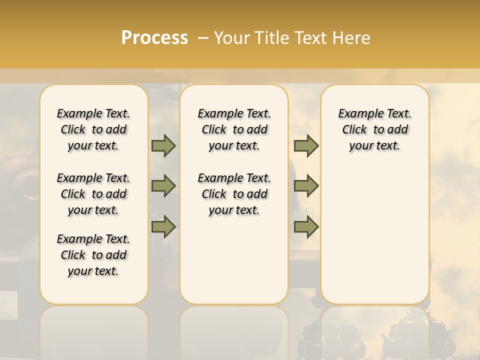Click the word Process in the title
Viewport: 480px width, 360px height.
[x=154, y=37]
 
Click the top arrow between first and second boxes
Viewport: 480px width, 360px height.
[x=163, y=145]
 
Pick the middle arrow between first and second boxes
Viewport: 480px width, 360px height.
[x=163, y=186]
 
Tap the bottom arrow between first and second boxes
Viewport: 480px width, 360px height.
[x=163, y=227]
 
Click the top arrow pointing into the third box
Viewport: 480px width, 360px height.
[x=306, y=145]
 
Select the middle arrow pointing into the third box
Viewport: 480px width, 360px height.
[x=306, y=186]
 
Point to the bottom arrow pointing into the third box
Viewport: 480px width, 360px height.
[x=306, y=227]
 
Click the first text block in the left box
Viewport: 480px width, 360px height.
[x=93, y=129]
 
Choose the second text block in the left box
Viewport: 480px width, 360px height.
[x=93, y=194]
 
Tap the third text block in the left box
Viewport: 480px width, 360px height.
[x=93, y=255]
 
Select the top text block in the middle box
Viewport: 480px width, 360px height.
[x=234, y=129]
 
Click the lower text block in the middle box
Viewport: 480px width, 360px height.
[x=234, y=194]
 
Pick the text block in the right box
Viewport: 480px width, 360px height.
[x=374, y=129]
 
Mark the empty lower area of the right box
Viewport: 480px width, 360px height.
[x=374, y=235]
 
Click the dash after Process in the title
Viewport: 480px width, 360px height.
[x=203, y=37]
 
